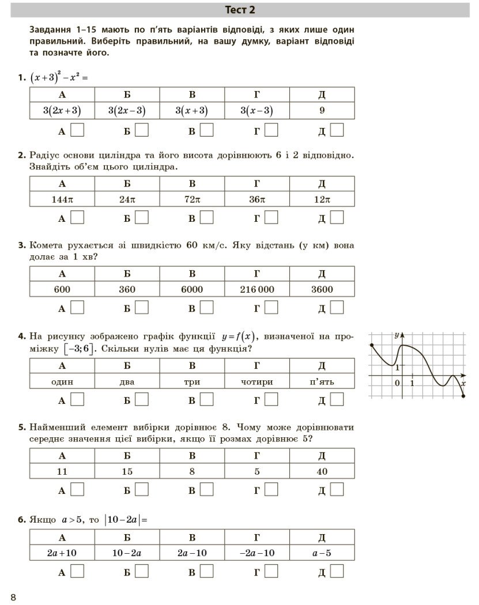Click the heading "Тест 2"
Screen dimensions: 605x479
[239, 10]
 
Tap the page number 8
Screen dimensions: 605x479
[13, 596]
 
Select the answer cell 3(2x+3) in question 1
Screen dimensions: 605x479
[62, 111]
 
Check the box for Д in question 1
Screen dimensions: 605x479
[337, 131]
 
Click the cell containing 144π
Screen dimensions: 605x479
[62, 199]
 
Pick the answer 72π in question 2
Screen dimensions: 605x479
[192, 199]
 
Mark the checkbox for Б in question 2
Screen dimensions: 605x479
[142, 218]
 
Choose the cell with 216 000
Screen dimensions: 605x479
[257, 289]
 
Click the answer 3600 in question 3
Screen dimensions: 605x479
[322, 289]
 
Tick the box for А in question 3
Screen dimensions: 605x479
[77, 308]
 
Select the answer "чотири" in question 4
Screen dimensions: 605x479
[257, 381]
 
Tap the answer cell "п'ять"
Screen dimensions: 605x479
[322, 381]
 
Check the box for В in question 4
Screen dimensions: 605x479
[206, 399]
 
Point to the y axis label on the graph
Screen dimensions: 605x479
[397, 335]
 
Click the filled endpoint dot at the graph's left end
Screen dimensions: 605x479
[372, 346]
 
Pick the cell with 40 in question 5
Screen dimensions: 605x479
[322, 471]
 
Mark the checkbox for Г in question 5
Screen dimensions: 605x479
[271, 490]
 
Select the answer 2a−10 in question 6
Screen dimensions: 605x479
[192, 553]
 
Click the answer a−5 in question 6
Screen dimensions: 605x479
[322, 553]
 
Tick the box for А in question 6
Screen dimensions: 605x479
[77, 571]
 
